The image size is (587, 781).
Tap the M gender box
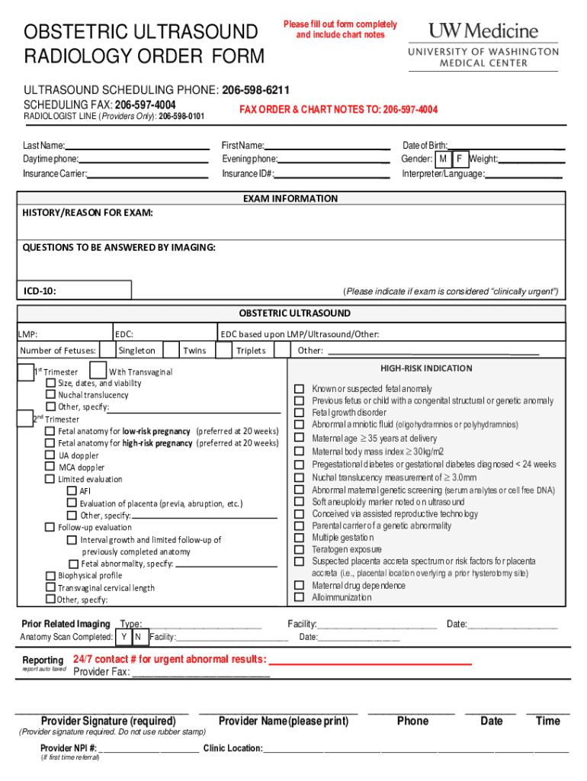442,159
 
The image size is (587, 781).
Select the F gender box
459,159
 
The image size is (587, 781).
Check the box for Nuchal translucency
51,395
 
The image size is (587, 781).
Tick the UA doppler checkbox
51,455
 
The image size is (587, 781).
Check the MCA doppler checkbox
51,468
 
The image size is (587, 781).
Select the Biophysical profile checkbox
51,576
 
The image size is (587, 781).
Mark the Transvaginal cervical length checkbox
51,588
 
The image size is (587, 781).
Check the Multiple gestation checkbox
300,538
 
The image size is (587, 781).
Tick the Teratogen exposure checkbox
300,550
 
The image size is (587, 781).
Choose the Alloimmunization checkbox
300,598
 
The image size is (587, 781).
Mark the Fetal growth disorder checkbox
300,413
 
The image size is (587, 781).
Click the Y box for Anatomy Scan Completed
123,637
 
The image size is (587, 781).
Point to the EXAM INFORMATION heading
290,199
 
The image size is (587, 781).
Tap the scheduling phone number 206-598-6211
255,90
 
